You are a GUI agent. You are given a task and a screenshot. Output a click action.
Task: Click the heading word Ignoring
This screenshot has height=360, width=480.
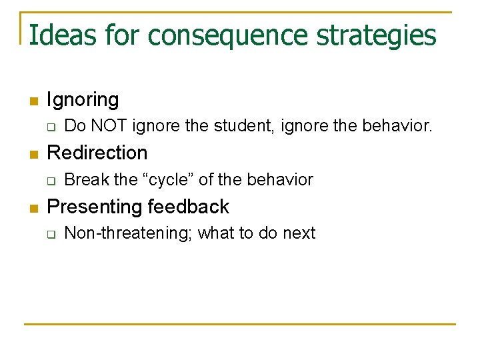point(83,101)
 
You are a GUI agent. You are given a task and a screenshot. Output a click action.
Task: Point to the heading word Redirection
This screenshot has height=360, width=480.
point(97,153)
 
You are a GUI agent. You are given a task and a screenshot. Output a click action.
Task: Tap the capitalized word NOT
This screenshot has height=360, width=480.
point(108,125)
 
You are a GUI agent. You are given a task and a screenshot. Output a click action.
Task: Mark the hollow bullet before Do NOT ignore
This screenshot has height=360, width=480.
point(51,127)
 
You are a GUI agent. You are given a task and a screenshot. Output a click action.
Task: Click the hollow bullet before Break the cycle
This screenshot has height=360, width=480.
point(51,180)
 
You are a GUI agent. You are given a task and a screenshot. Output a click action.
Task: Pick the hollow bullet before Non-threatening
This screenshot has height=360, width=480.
point(51,234)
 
